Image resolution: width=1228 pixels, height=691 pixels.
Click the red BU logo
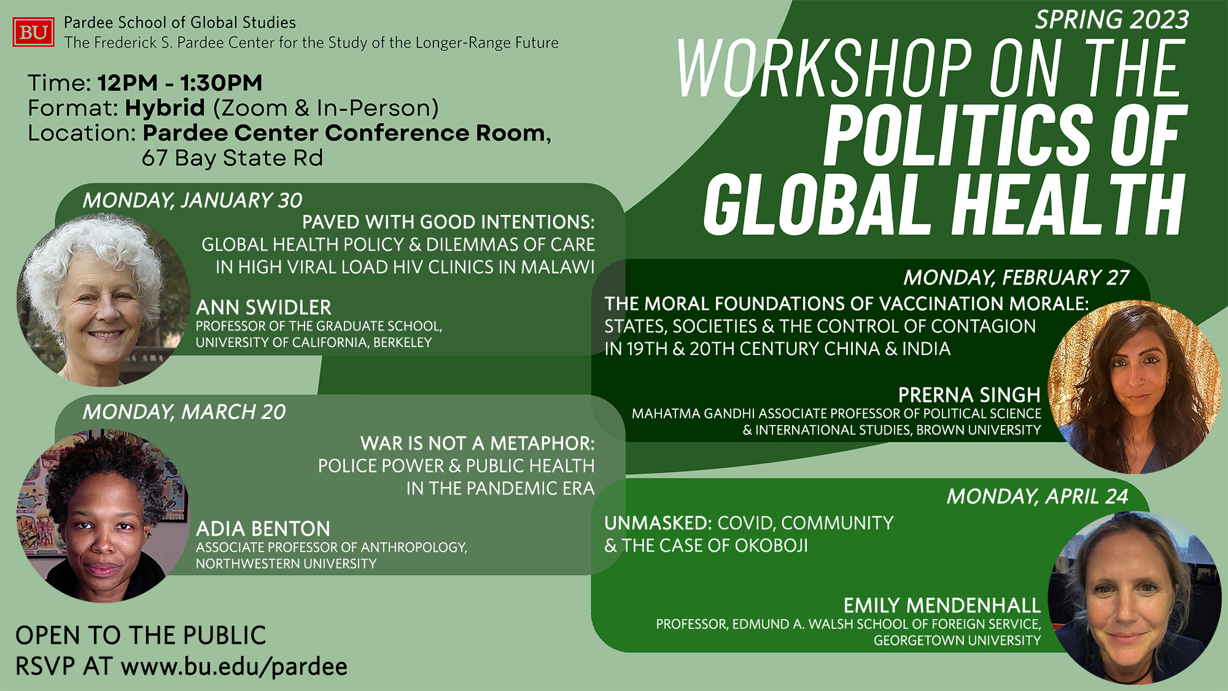[33, 32]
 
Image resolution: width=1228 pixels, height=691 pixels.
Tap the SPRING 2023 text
[1111, 20]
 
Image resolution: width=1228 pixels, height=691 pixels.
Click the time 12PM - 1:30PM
[180, 83]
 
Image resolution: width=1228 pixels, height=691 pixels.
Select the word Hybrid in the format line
[165, 108]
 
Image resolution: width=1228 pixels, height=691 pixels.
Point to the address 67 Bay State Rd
[232, 158]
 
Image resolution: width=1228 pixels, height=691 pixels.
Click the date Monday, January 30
[193, 200]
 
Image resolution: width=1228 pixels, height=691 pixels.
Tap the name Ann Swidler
[263, 307]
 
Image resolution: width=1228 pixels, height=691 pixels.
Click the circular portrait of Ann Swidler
[103, 300]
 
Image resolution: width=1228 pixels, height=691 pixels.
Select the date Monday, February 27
[1016, 278]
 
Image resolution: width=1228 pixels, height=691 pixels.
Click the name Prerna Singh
[969, 394]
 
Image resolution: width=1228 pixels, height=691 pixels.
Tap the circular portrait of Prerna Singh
[1135, 387]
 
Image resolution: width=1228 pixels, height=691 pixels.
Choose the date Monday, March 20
[184, 412]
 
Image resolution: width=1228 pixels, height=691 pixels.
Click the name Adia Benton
[263, 529]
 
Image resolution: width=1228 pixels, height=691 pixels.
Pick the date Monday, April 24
[1038, 496]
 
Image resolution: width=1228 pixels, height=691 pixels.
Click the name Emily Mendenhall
[942, 606]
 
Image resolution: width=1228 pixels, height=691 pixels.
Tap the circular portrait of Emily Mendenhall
[1135, 598]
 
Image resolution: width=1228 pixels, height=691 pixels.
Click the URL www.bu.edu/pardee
[234, 667]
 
